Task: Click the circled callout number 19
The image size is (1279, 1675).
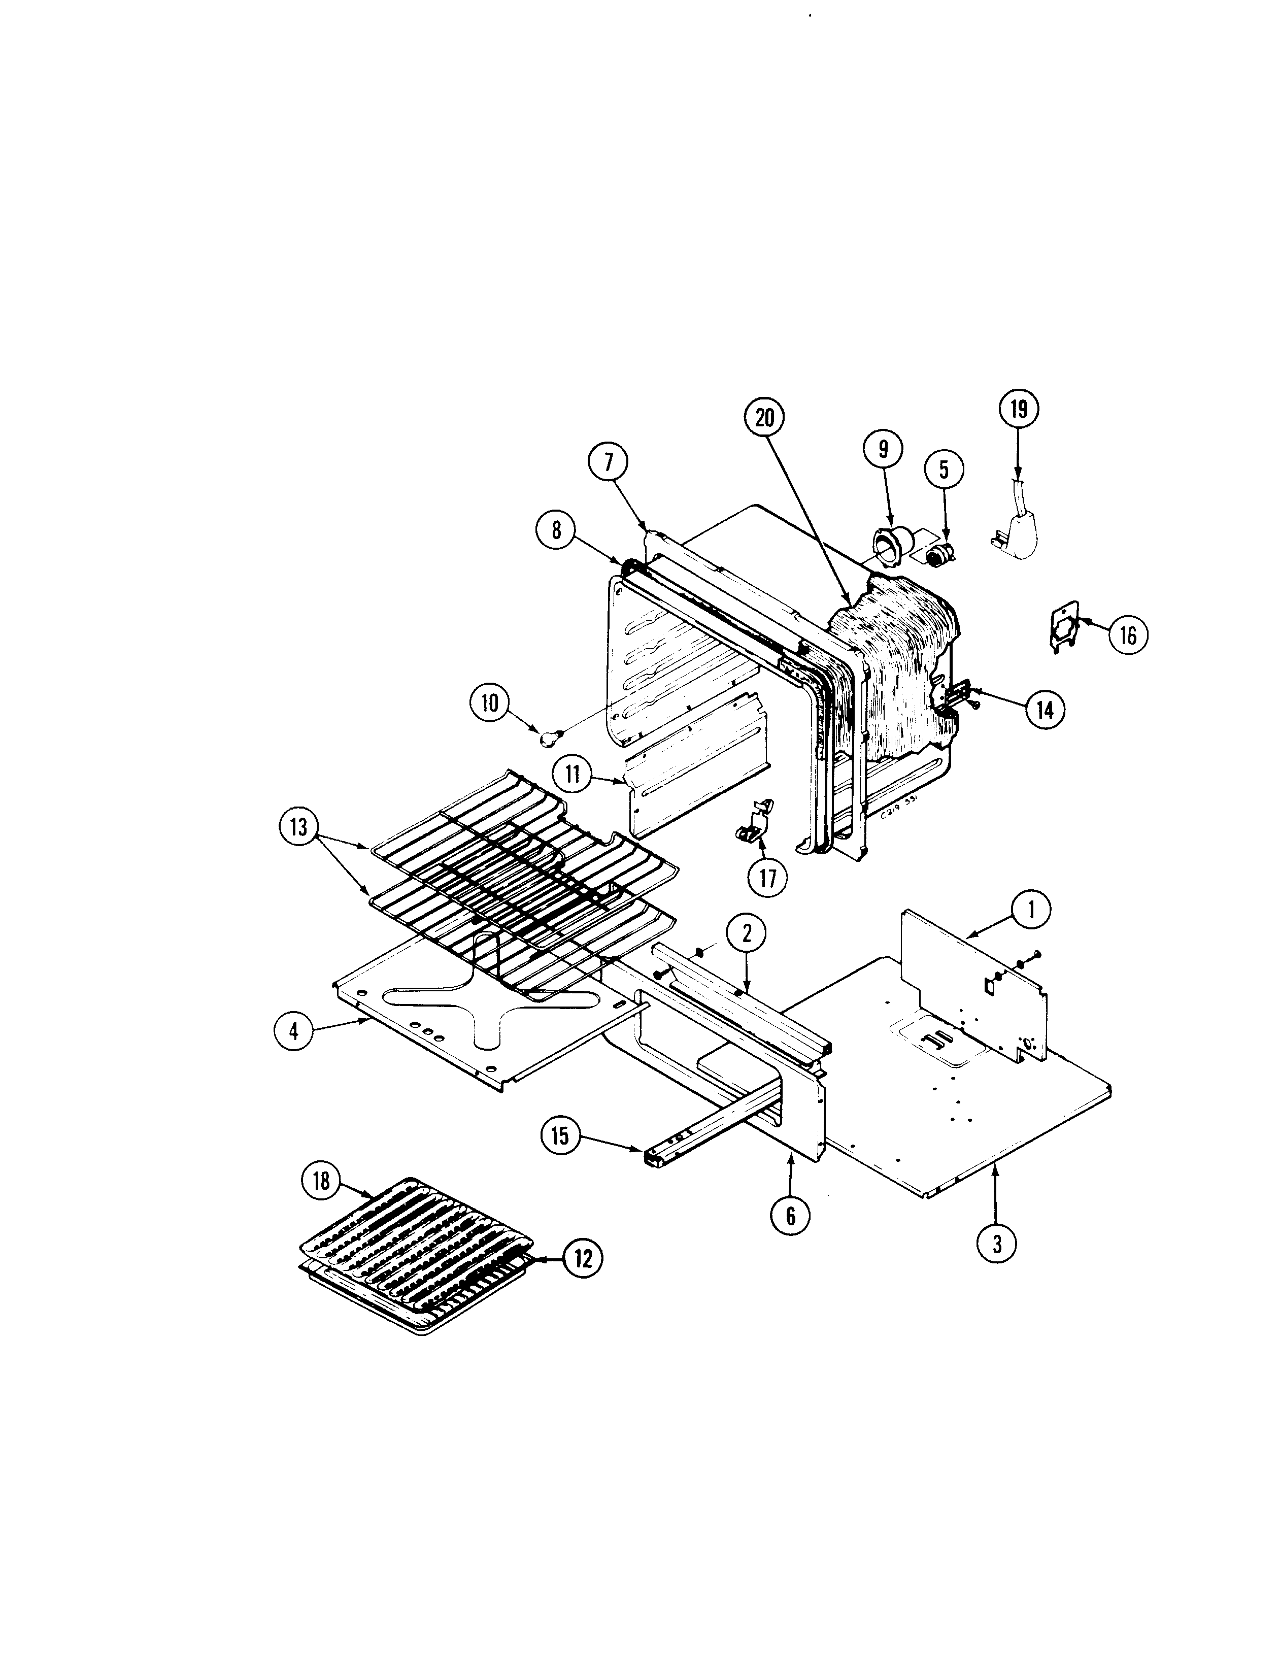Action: [1018, 410]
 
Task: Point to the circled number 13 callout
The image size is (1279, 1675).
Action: [298, 826]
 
